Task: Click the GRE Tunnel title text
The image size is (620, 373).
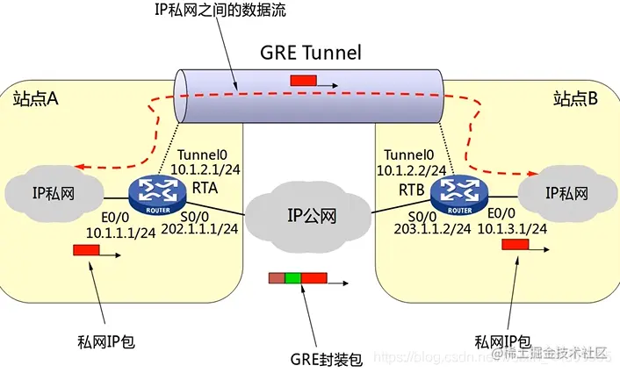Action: tap(310, 52)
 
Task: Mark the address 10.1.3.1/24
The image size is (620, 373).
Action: tap(515, 228)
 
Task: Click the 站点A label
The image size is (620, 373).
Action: tap(35, 99)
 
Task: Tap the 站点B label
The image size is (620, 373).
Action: tap(576, 99)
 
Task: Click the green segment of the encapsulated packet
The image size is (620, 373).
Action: tap(292, 279)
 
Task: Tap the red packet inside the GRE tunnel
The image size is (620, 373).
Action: tap(304, 82)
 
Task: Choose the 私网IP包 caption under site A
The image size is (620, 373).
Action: tap(104, 341)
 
